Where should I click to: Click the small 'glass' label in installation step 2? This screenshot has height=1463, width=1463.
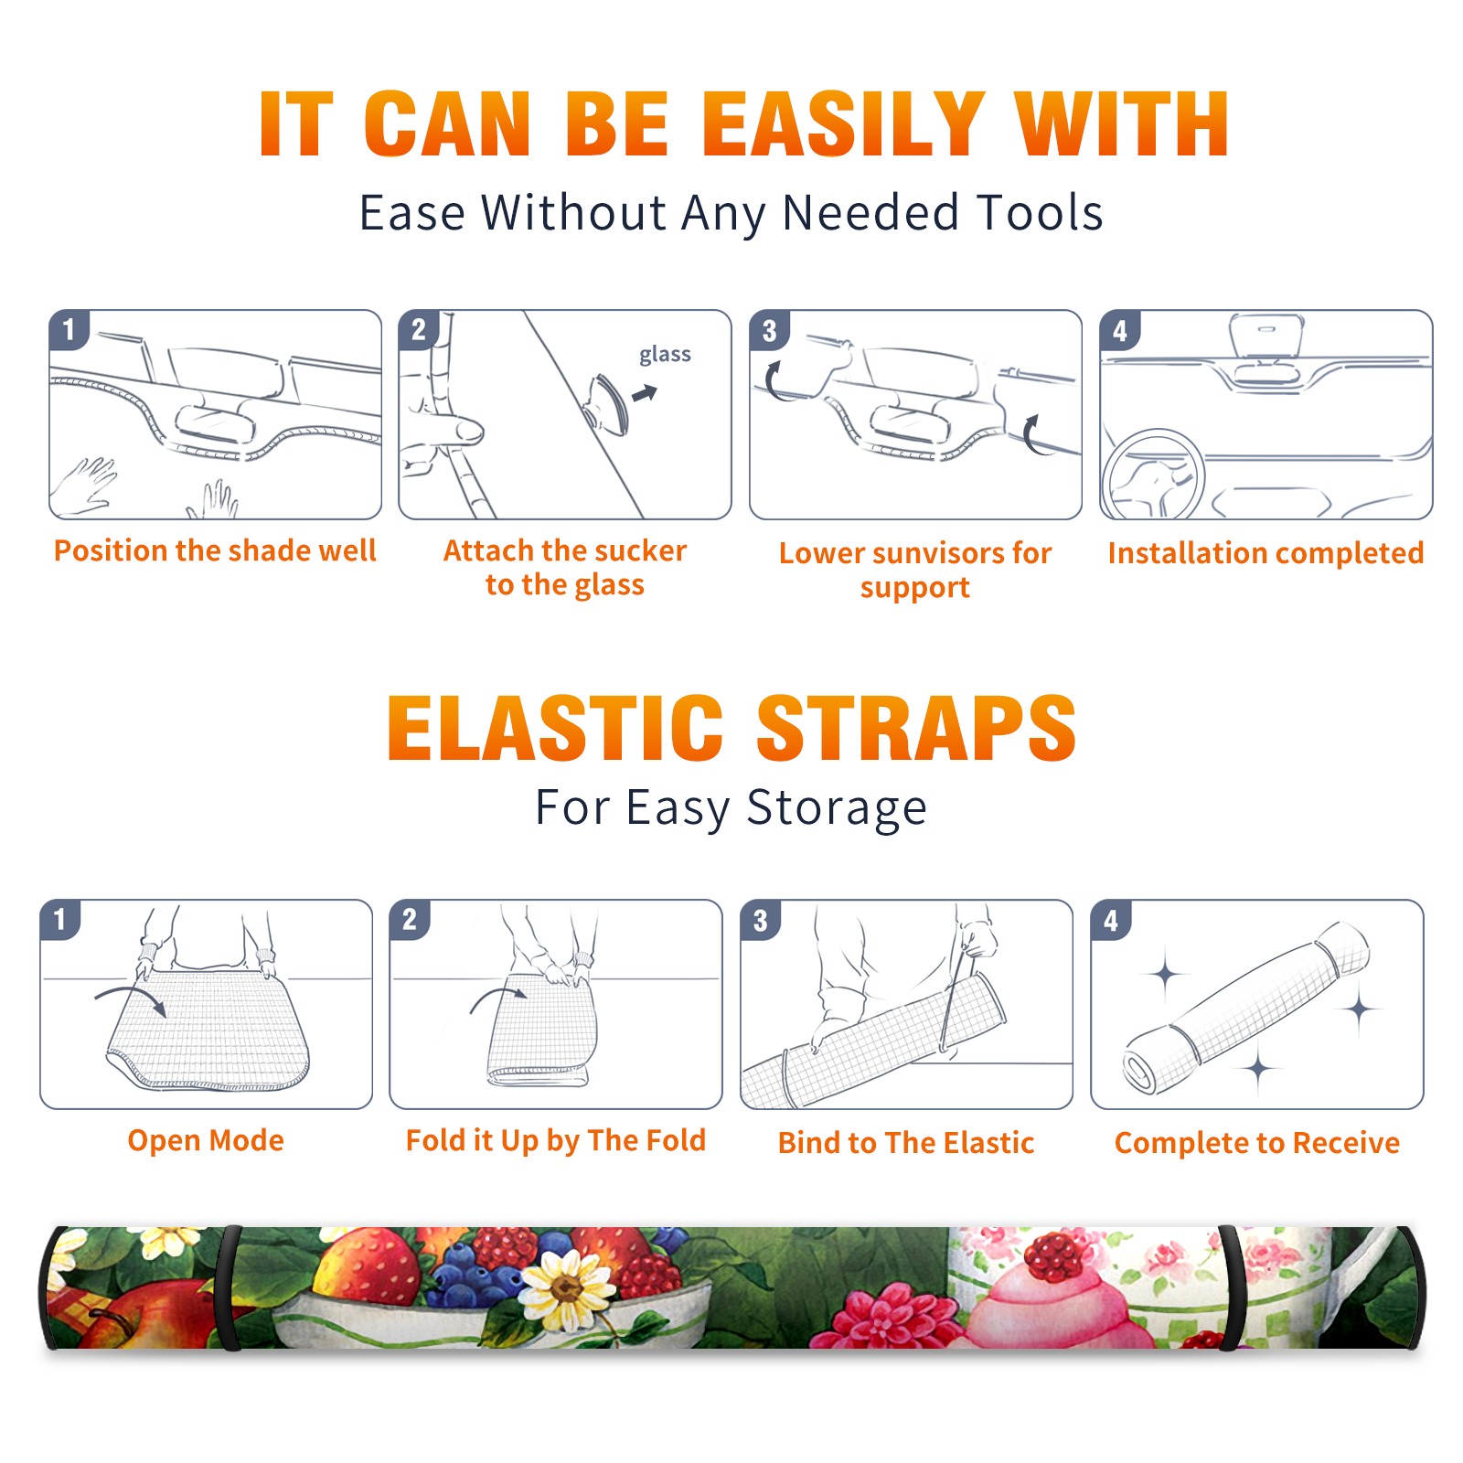tap(665, 355)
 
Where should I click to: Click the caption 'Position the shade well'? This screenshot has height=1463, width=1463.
tap(215, 550)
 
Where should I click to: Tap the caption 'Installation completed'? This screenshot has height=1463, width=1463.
tap(1265, 553)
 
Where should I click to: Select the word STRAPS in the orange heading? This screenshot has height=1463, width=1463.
tap(916, 728)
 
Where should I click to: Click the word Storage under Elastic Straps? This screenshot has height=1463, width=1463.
tap(837, 808)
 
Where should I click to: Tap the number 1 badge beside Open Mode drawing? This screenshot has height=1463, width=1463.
tap(60, 919)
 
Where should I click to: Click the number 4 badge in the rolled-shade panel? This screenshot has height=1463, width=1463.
tap(1111, 920)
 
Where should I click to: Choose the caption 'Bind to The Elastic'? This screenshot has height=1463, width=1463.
tap(906, 1143)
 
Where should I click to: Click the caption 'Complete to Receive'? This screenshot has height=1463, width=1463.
tap(1257, 1143)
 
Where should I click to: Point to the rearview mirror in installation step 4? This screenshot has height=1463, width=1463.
tap(1266, 338)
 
